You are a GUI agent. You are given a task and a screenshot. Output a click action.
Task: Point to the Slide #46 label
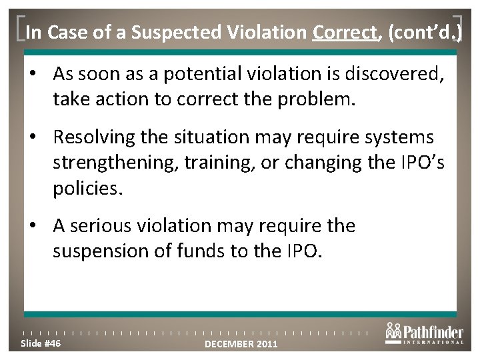[x=41, y=343]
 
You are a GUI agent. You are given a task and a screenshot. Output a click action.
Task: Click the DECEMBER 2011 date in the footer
[x=241, y=344]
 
